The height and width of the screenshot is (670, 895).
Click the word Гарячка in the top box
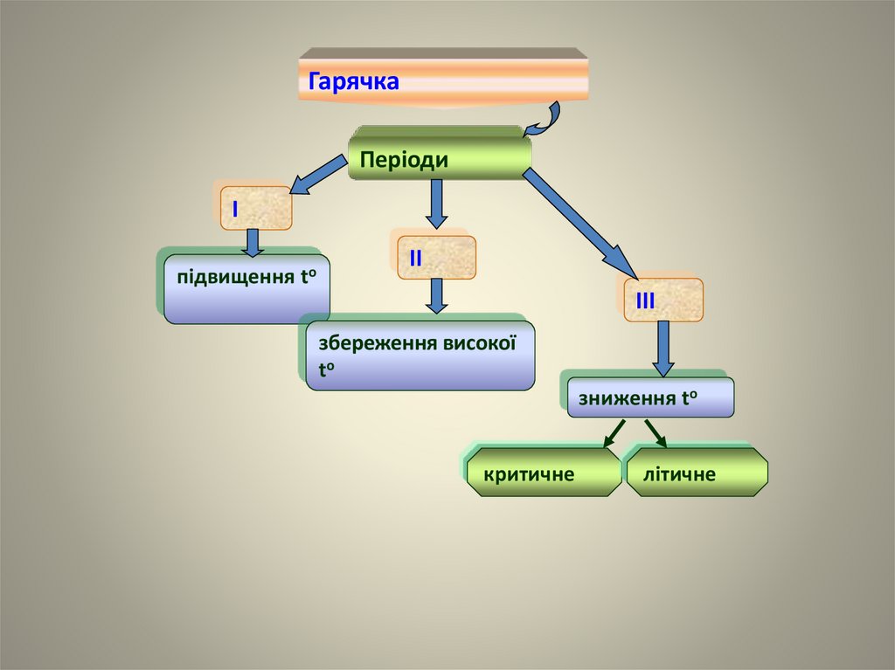[353, 82]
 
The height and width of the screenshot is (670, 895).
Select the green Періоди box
[440, 159]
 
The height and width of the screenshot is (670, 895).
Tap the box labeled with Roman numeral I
[255, 208]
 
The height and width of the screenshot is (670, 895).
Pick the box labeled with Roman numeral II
[437, 258]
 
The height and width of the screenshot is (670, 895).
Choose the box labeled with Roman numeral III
[663, 300]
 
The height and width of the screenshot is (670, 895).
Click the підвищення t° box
[246, 288]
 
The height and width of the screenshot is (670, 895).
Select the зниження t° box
[650, 398]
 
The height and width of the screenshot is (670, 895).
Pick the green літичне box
[697, 474]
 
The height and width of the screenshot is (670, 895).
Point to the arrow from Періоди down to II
[438, 203]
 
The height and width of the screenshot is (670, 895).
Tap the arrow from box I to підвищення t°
[253, 242]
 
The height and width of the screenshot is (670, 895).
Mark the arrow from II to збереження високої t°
[437, 295]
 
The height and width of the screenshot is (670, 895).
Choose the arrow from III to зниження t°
[663, 347]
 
